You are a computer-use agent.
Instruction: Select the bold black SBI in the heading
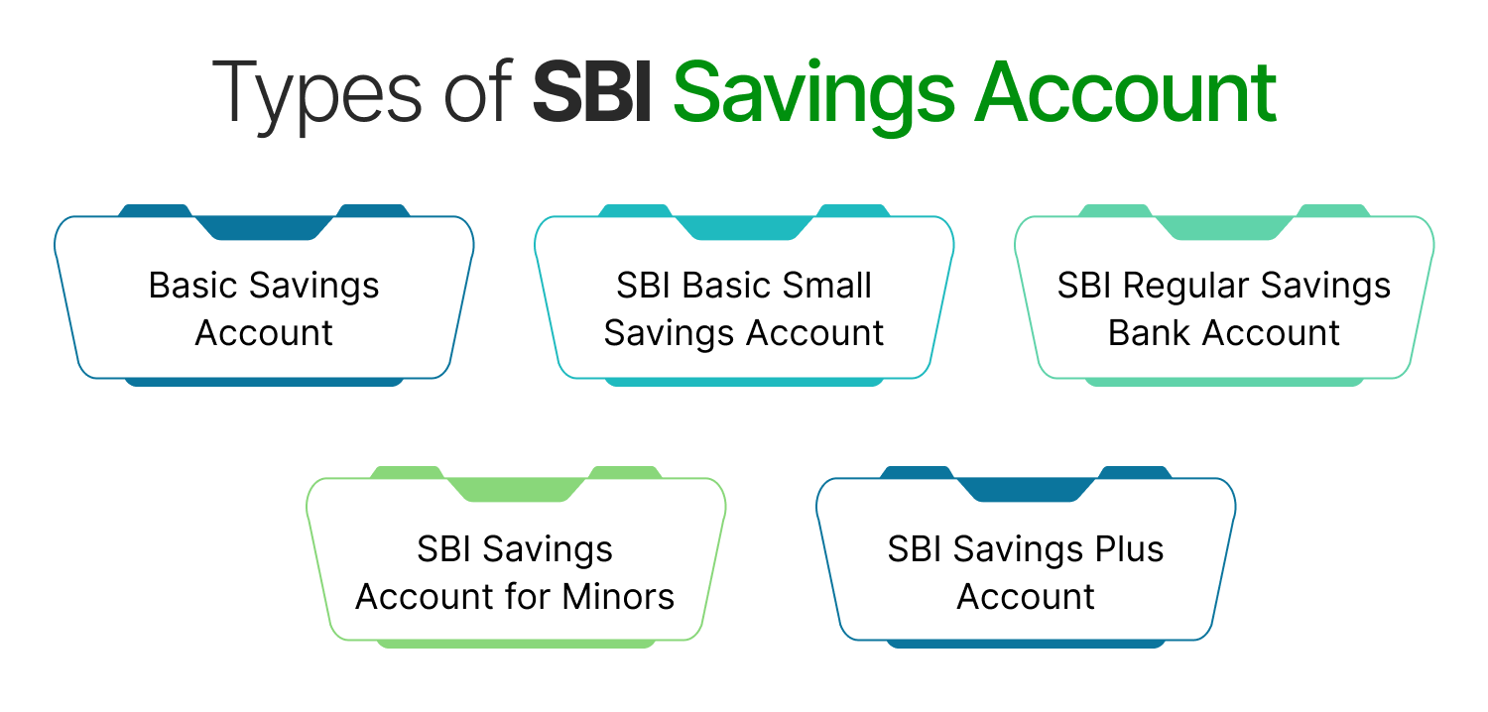pyautogui.click(x=592, y=94)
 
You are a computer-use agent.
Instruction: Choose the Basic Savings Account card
pyautogui.click(x=264, y=308)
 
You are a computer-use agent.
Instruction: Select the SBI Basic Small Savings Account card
pyautogui.click(x=744, y=308)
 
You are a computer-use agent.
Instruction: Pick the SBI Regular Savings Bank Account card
pyautogui.click(x=1224, y=308)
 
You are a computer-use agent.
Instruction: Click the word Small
pyautogui.click(x=827, y=286)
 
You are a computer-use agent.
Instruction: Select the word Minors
pyautogui.click(x=618, y=597)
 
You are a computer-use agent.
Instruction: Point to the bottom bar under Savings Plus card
pyautogui.click(x=1026, y=644)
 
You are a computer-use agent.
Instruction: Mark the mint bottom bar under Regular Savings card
pyautogui.click(x=1224, y=382)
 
